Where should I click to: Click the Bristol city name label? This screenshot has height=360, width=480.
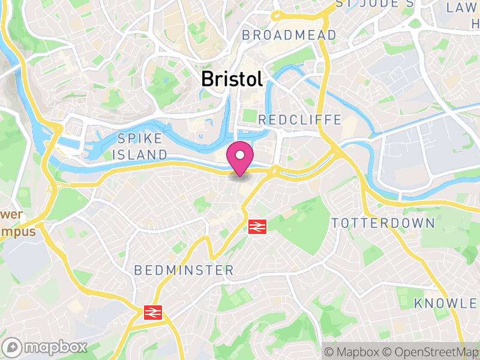coord(232,79)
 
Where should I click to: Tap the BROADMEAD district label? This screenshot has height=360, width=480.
coord(289,36)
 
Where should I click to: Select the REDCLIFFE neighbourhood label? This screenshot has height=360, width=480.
coord(299,120)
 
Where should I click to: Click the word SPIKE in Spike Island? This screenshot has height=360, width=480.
coord(140,139)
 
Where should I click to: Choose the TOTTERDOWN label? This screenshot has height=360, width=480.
coord(383,223)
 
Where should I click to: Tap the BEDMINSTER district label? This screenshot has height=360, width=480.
coord(184,271)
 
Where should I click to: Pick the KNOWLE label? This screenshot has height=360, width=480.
coord(446,303)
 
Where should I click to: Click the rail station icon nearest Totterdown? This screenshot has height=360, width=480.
coord(257,226)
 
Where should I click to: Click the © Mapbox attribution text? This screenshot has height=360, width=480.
coord(354,351)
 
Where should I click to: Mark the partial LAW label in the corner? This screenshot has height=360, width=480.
coord(463,7)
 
